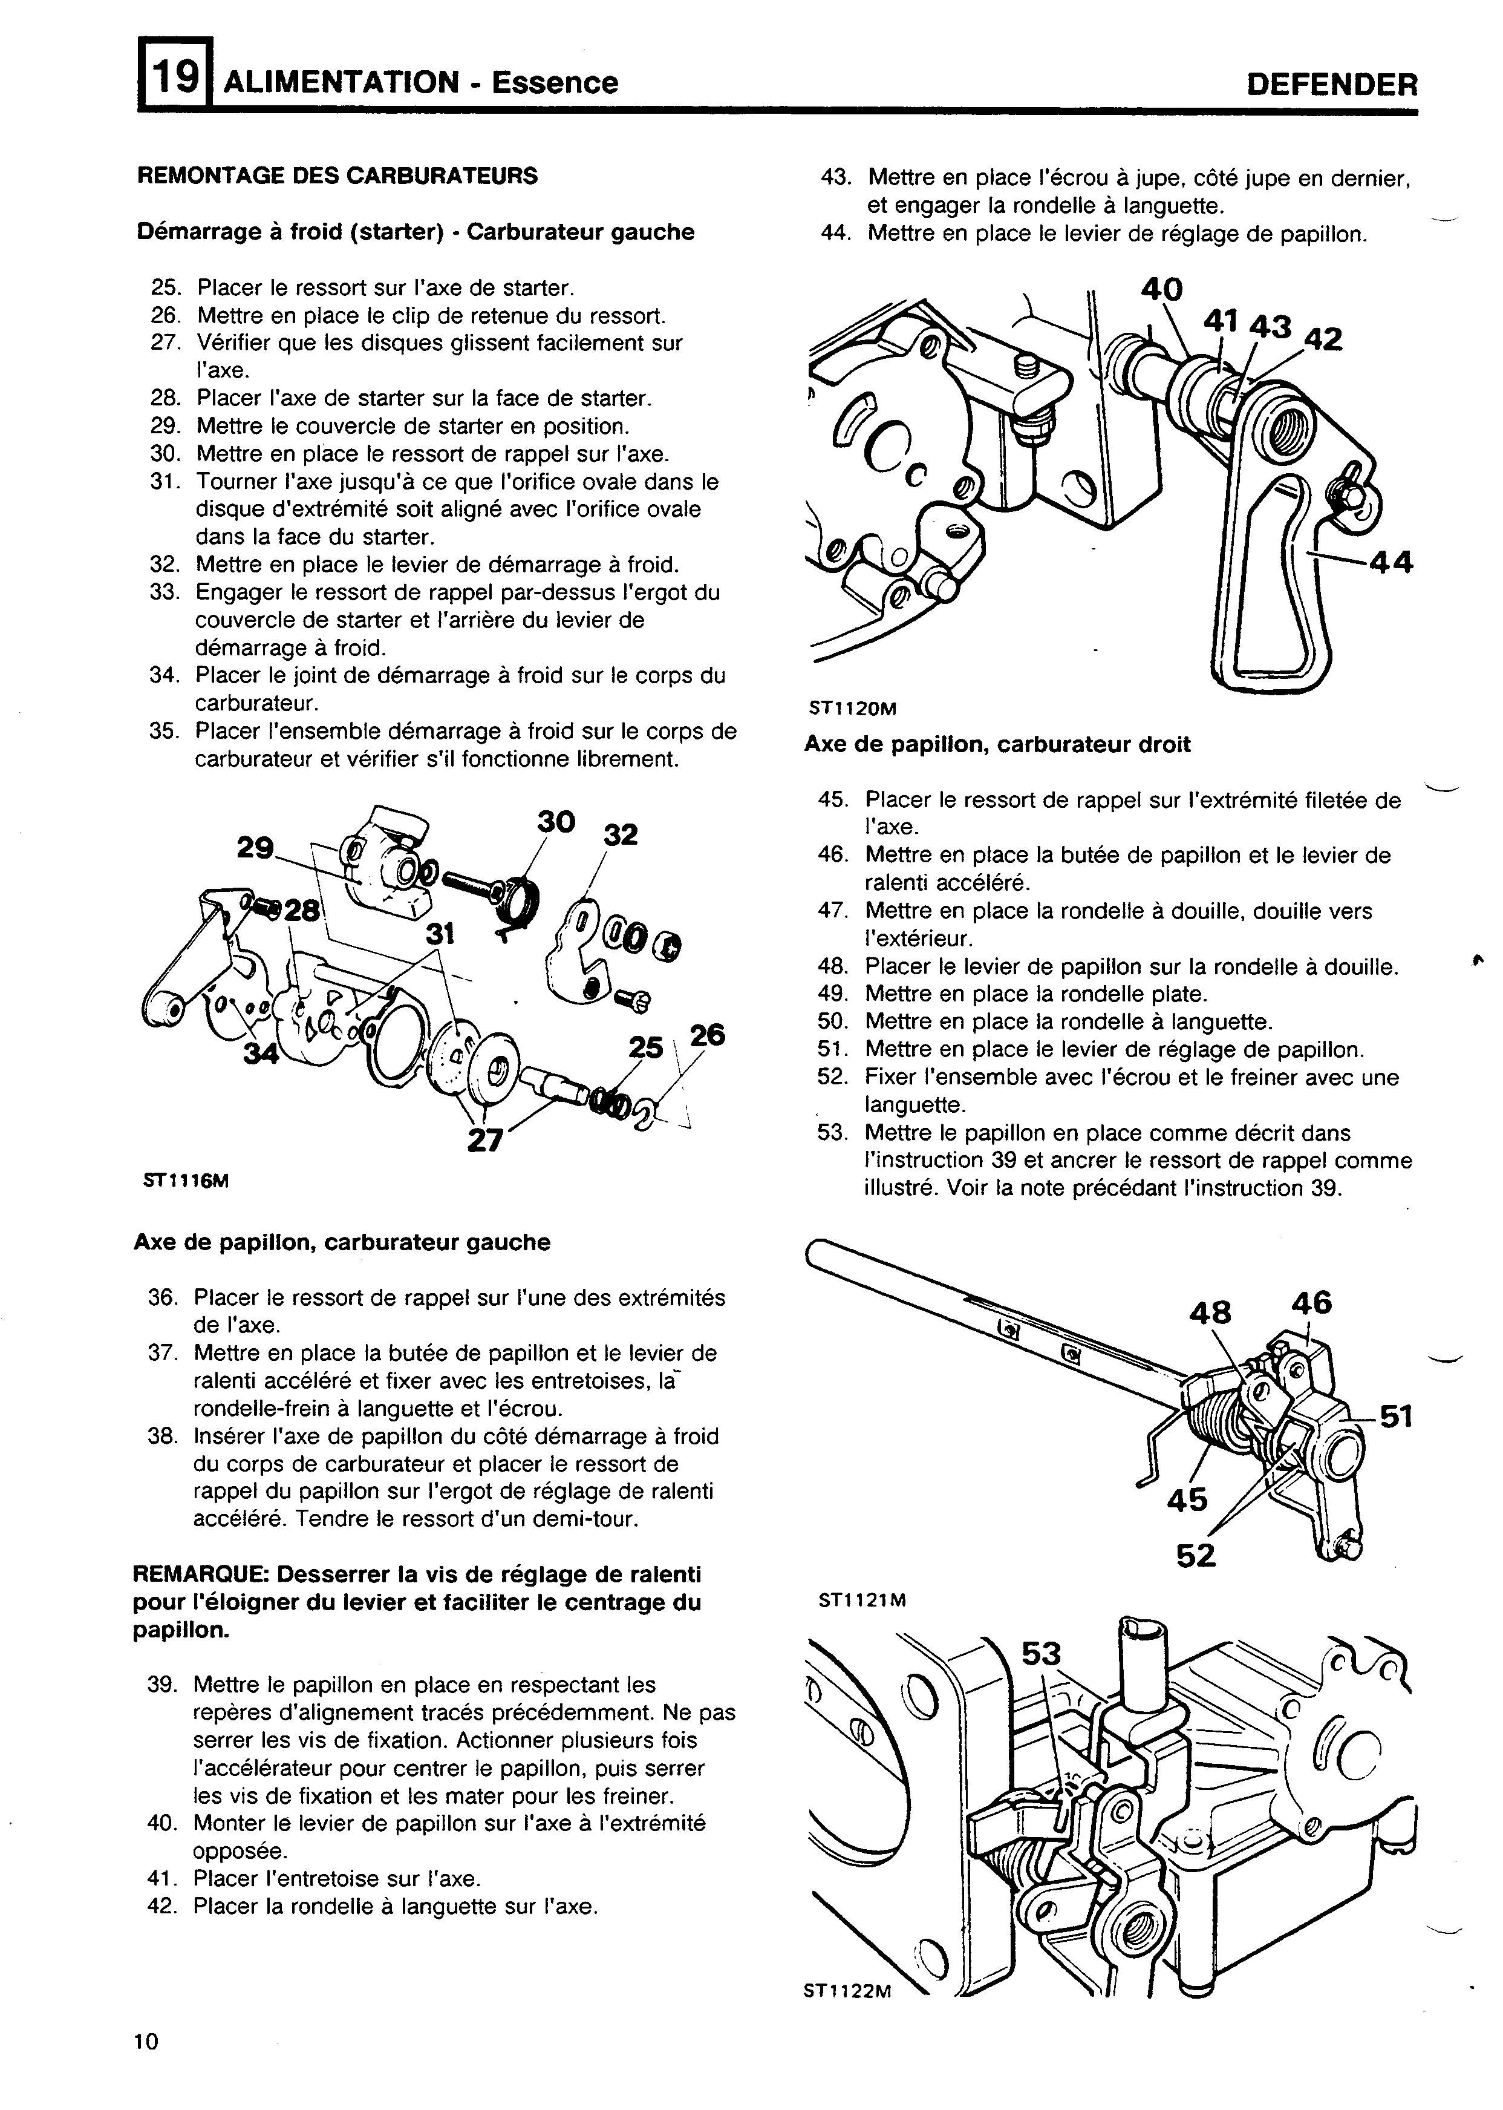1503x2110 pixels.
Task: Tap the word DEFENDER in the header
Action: point(1332,84)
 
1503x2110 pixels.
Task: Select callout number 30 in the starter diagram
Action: point(556,821)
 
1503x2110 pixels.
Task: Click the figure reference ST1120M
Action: point(852,709)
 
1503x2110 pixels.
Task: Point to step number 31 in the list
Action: point(162,482)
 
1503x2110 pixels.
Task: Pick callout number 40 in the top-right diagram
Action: point(1161,290)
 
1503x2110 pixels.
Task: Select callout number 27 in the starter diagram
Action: point(484,1141)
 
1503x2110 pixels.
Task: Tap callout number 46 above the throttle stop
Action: point(1311,1303)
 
